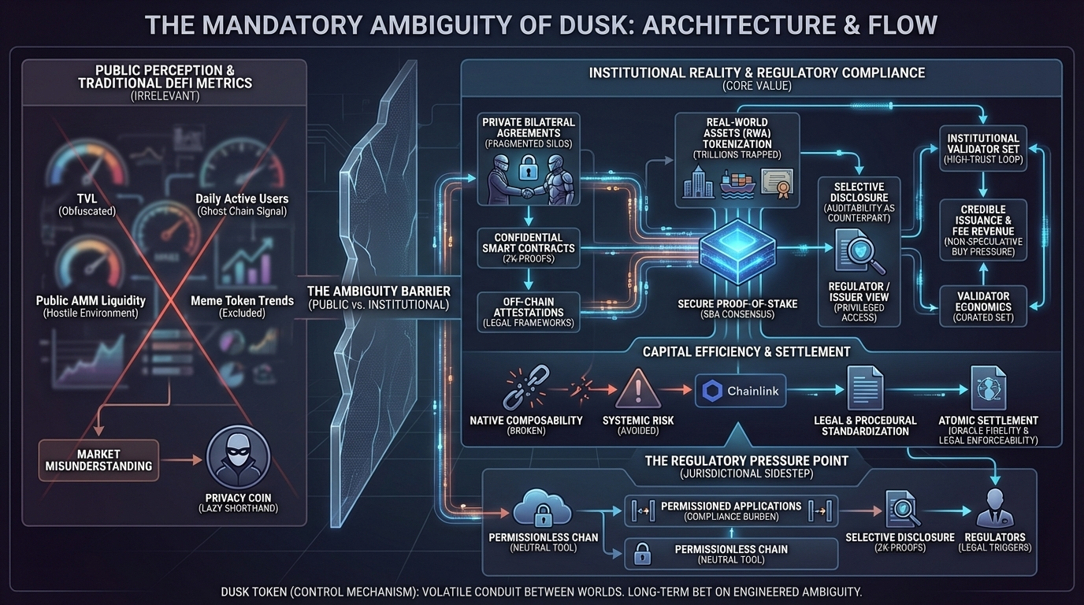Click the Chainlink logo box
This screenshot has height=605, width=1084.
click(740, 390)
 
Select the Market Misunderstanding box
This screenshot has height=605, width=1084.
click(98, 460)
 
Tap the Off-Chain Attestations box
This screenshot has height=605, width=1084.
click(528, 310)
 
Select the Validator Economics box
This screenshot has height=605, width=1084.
click(982, 306)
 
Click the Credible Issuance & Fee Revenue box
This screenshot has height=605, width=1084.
click(982, 229)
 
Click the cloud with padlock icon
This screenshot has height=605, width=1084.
click(542, 510)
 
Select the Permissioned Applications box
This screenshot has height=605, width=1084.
click(730, 510)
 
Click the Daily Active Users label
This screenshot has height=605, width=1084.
click(242, 199)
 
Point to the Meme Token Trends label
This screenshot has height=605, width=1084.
click(242, 300)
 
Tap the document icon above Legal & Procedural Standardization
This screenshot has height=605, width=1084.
click(864, 388)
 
